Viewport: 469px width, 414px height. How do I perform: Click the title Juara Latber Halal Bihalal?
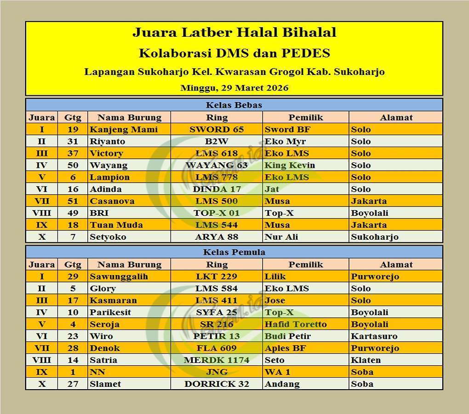click(x=234, y=33)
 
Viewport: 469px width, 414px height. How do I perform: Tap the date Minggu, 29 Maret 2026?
click(x=234, y=88)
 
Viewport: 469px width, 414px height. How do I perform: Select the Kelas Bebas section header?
click(x=234, y=105)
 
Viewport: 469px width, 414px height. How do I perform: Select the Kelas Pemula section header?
click(x=234, y=252)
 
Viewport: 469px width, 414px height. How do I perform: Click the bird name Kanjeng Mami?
click(x=124, y=129)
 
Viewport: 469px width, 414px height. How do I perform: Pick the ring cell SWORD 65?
click(x=217, y=129)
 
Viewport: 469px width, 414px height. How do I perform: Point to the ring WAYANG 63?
click(x=217, y=165)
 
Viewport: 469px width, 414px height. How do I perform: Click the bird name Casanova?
click(x=112, y=201)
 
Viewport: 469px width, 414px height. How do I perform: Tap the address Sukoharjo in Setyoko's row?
click(x=374, y=237)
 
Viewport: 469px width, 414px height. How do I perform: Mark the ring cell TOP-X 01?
click(x=217, y=213)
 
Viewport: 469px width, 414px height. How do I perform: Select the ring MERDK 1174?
click(x=217, y=360)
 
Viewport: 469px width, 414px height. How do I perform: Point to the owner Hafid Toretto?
click(x=296, y=324)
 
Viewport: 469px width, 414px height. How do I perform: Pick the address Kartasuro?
click(x=374, y=336)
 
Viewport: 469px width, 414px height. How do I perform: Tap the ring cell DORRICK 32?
click(x=217, y=384)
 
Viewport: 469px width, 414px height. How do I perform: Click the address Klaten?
click(x=366, y=360)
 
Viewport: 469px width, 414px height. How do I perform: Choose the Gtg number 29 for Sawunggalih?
click(x=73, y=276)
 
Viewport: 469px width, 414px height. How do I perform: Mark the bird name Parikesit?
click(x=110, y=312)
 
